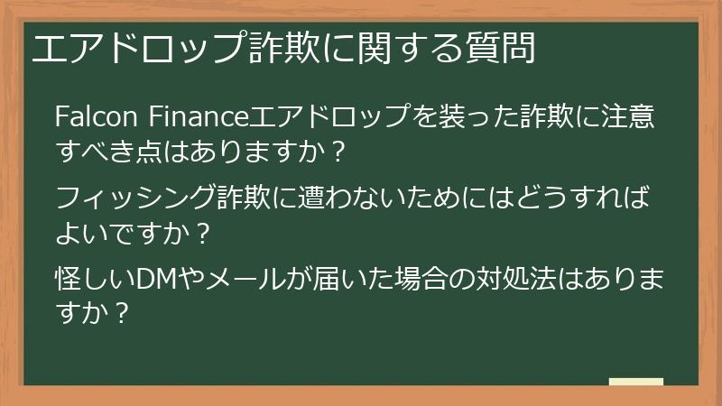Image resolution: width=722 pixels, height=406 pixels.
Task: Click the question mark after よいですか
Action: (x=203, y=235)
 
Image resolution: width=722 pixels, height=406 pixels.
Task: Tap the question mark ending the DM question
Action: (x=117, y=315)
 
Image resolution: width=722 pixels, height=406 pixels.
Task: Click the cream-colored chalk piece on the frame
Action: (x=635, y=382)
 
